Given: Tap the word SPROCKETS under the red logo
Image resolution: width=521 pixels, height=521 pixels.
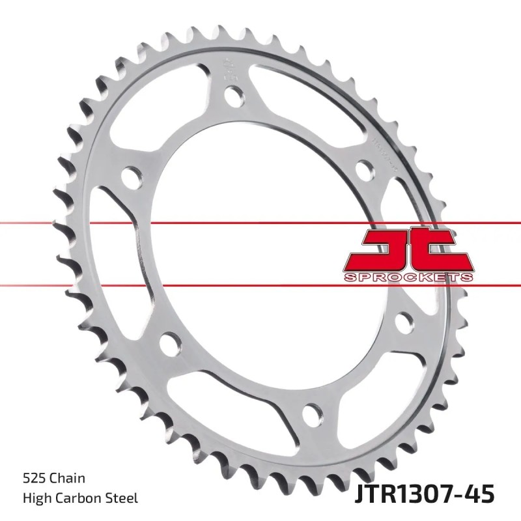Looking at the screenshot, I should [x=407, y=277].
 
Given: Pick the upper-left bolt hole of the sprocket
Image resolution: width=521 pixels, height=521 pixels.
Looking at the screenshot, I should [x=132, y=176].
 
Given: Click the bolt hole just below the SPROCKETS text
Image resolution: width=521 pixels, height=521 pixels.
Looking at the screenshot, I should [x=404, y=321].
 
